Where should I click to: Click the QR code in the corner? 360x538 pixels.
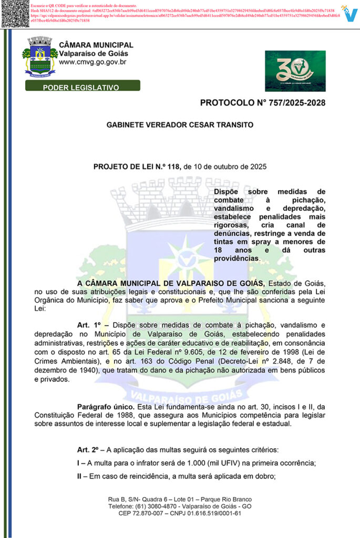pos(14,14)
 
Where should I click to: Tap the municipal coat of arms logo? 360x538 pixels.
pos(40,56)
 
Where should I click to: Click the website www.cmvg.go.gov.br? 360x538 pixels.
pos(92,62)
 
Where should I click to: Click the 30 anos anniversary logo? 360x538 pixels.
pos(295,71)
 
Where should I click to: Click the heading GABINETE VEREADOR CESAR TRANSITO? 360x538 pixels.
pos(180,125)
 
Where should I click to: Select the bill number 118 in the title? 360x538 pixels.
pos(173,167)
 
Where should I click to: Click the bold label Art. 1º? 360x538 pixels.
pos(89,325)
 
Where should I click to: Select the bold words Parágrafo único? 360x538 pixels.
pos(105,407)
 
